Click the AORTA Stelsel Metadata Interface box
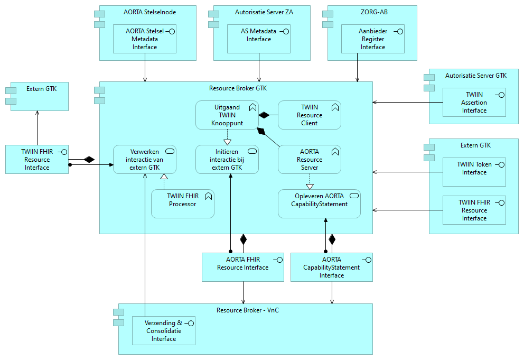click(144, 39)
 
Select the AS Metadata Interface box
click(259, 39)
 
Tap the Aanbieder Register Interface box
click(372, 39)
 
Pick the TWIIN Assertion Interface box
click(474, 102)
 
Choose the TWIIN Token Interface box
click(474, 171)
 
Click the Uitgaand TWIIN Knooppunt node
click(227, 115)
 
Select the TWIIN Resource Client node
click(309, 115)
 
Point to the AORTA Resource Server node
click(309, 159)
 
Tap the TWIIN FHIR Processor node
click(182, 204)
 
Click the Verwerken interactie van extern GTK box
click(145, 159)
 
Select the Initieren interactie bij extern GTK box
click(227, 159)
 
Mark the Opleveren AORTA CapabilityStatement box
click(319, 204)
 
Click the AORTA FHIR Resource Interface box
click(242, 266)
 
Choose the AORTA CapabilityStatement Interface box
click(331, 266)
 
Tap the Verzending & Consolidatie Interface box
click(163, 330)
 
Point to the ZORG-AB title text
click(372, 12)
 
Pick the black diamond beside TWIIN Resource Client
click(264, 115)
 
